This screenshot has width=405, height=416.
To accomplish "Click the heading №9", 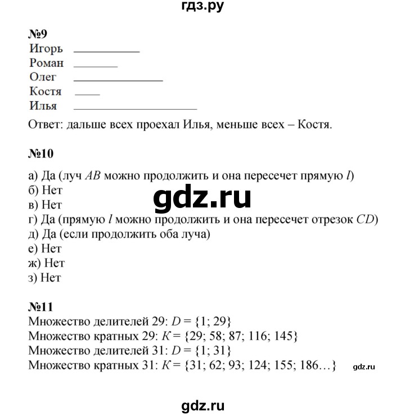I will coord(39,34).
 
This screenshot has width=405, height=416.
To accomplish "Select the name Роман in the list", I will coord(47,64).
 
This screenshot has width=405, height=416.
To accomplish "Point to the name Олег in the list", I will coord(43,78).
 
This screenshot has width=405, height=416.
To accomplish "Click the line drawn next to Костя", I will coord(87,94).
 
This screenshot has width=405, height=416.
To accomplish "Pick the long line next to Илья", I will coord(135,108).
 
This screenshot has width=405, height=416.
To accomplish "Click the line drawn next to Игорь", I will coord(106,52).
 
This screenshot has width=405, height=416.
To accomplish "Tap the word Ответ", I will coord(45,124).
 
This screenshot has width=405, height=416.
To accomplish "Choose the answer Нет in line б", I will coord(52,191).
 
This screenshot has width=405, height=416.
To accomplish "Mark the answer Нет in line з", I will coord(52,277).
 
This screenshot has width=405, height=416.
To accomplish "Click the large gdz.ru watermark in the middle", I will coord(201,198).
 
